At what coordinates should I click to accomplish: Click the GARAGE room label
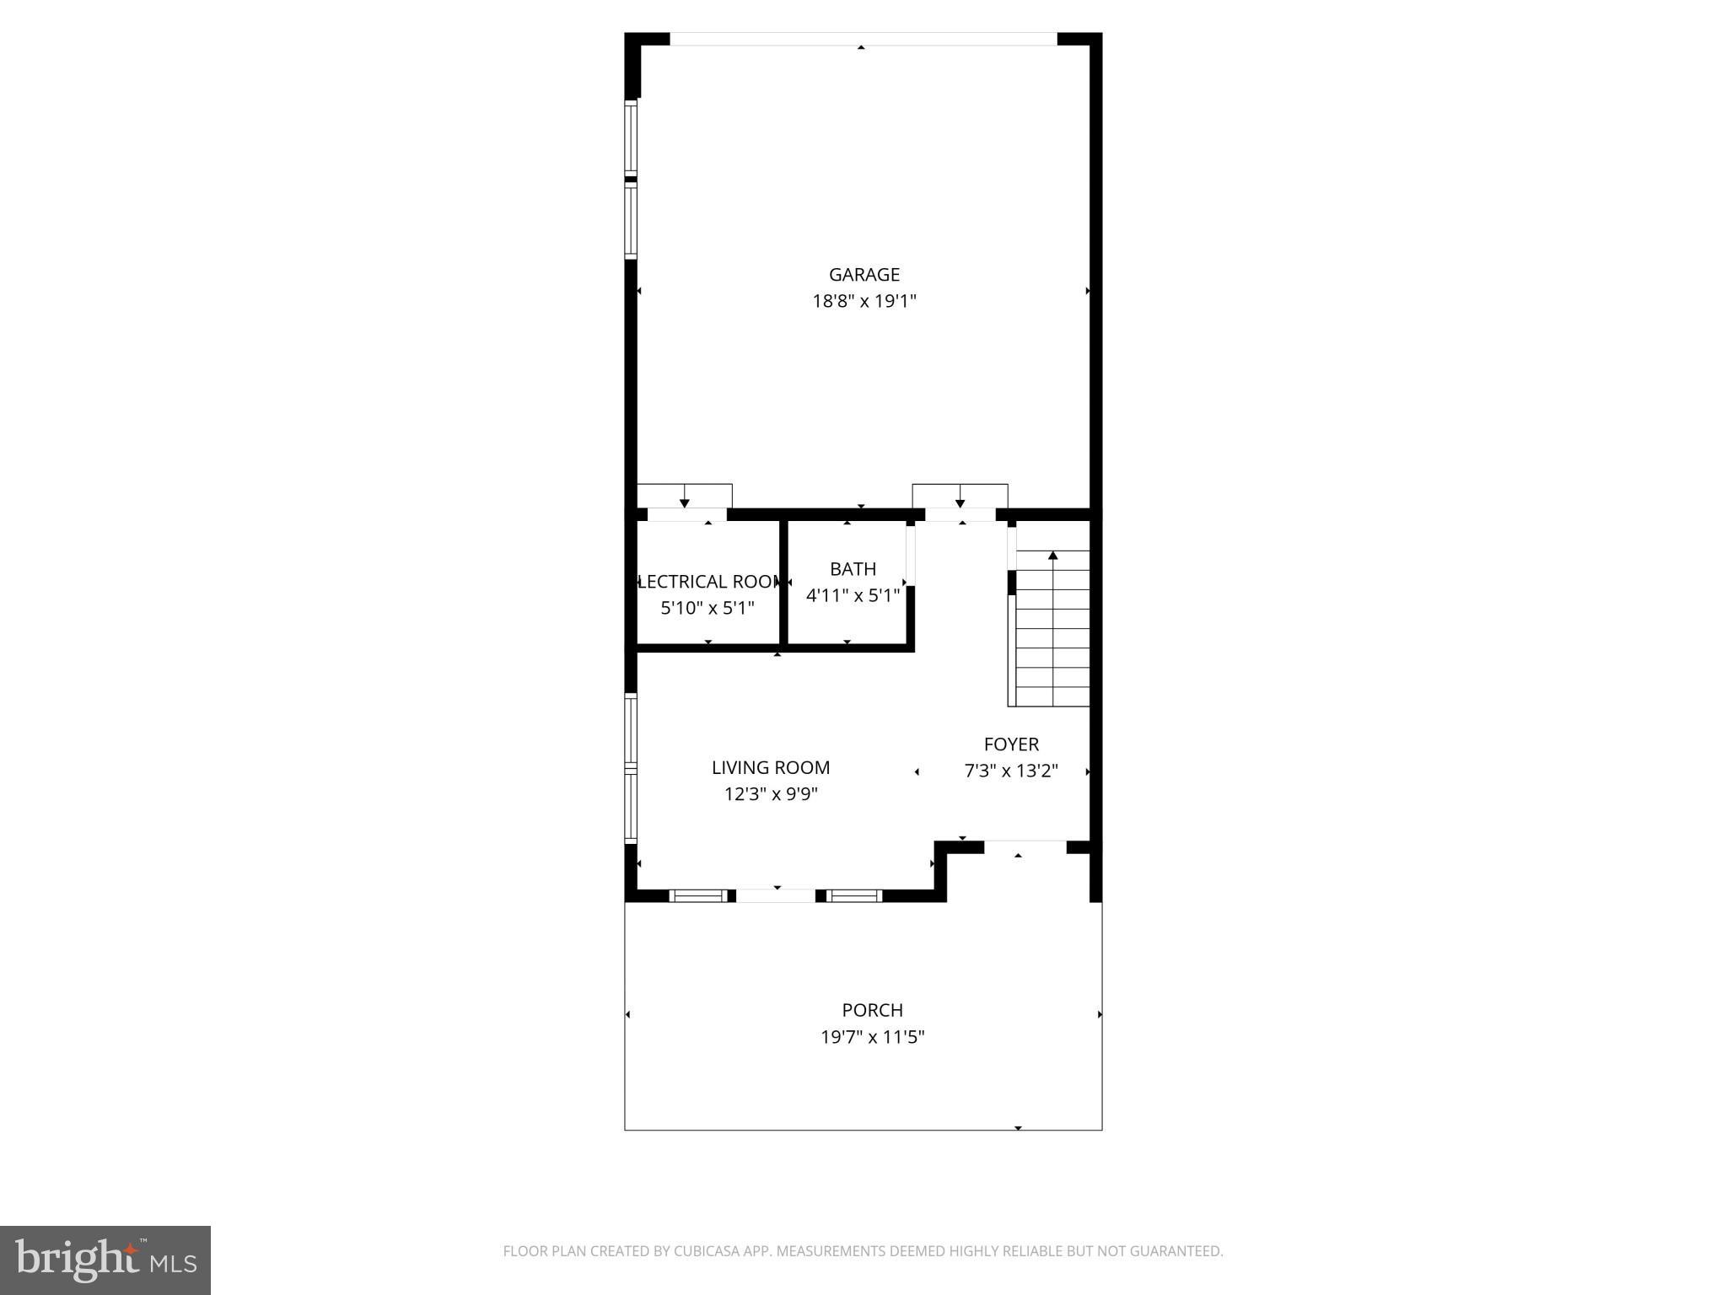tap(863, 274)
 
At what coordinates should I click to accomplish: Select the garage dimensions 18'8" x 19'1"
tap(863, 301)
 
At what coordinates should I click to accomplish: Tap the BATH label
tap(853, 569)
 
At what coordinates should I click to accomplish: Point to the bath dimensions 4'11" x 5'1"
tap(853, 595)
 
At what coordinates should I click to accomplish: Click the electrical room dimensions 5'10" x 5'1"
tap(707, 608)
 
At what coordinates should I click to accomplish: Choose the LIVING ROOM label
tap(770, 767)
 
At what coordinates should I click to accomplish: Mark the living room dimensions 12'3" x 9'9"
tap(770, 794)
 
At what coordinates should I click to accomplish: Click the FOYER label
tap(1011, 744)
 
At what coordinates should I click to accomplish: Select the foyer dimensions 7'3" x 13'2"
tap(1011, 771)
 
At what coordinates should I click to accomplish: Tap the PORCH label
tap(872, 1010)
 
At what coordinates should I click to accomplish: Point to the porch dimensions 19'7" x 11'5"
tap(872, 1037)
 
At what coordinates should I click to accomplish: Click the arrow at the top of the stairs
tap(1052, 556)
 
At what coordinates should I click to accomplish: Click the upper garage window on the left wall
tap(630, 137)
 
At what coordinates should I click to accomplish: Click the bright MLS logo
tap(105, 1260)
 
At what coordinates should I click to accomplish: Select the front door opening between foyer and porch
tap(1025, 846)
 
